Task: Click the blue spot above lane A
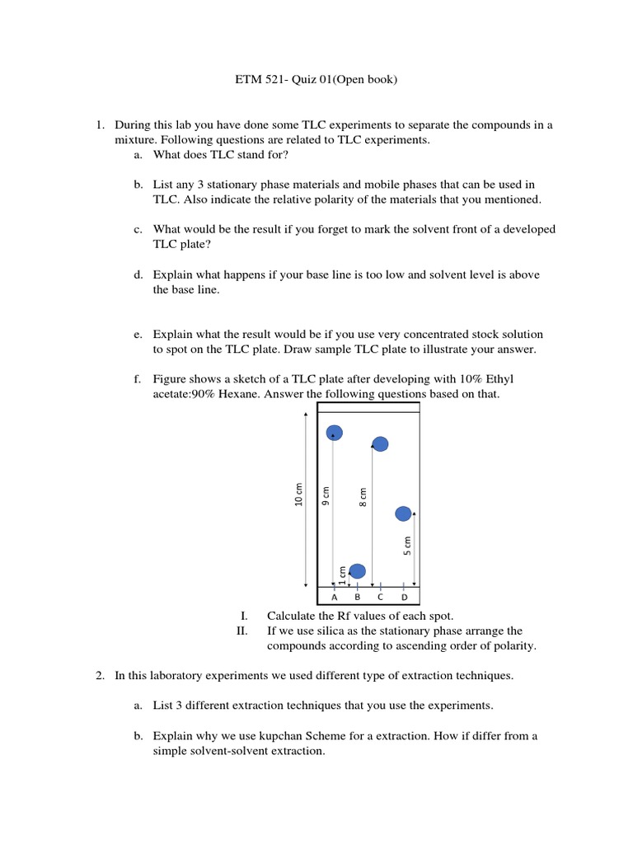click(x=335, y=433)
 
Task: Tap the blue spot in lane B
click(x=357, y=571)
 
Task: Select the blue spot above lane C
click(x=380, y=444)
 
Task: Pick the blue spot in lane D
click(x=403, y=513)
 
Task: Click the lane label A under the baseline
click(x=334, y=598)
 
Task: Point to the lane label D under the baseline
click(x=404, y=598)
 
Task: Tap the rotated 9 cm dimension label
click(x=326, y=498)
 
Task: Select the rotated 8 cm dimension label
click(x=363, y=498)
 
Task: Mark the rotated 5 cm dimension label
click(x=406, y=546)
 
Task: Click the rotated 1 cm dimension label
click(x=344, y=573)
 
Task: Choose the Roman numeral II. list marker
click(x=241, y=631)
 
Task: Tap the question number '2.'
click(x=100, y=676)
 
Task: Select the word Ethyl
click(x=520, y=379)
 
